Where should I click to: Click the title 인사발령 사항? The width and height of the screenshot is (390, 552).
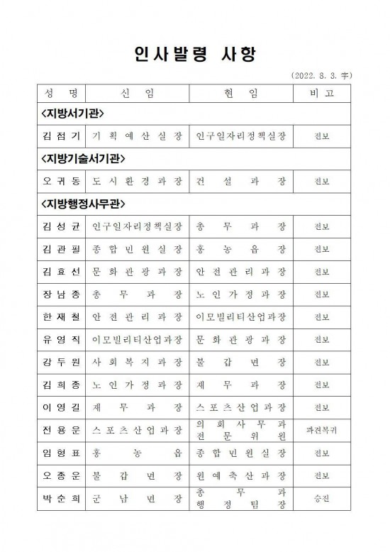point(194,55)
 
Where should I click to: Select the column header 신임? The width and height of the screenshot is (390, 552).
point(137,93)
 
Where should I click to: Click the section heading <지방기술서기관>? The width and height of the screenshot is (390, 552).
point(83,158)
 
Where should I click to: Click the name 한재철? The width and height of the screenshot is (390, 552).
point(61,316)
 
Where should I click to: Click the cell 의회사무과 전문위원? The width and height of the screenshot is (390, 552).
point(241,429)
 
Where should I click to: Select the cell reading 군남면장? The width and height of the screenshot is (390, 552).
point(137,499)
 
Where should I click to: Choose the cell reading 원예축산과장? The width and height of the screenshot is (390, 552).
point(241,475)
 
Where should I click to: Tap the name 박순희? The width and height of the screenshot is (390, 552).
point(61,499)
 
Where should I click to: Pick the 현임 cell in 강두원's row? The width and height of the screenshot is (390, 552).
point(241,362)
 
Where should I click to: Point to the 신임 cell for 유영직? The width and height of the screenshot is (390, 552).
point(137,339)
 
